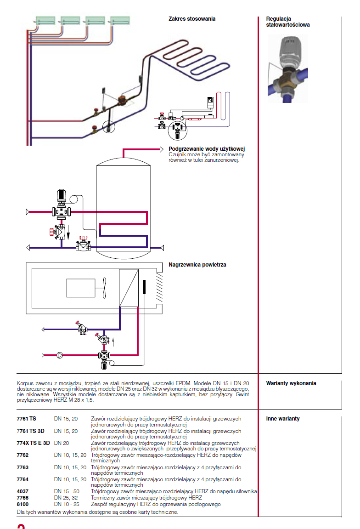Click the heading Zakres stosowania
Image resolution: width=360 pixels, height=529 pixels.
tap(192, 19)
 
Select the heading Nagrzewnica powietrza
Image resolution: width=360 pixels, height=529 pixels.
tap(197, 265)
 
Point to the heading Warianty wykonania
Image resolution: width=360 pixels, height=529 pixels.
tap(291, 383)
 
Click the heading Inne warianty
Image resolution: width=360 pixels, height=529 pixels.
tap(283, 419)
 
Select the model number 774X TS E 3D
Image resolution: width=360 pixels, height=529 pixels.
tap(33, 443)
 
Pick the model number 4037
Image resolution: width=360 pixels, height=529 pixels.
tap(22, 491)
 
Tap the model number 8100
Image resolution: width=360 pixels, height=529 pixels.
tap(22, 504)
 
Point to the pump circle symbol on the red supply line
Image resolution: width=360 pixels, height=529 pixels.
tap(60, 355)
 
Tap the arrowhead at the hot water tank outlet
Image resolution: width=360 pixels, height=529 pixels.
tap(162, 149)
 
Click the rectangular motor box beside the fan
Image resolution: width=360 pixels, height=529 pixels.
tap(80, 288)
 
